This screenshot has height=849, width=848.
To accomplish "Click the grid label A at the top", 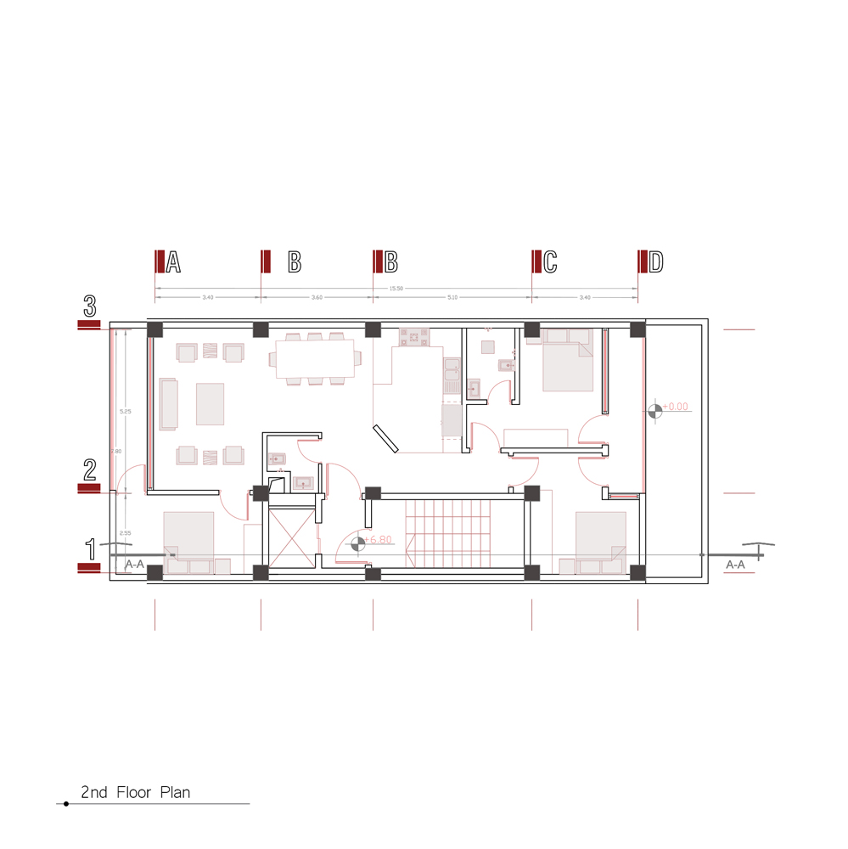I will pyautogui.click(x=173, y=262).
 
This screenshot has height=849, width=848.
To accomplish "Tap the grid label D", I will pyautogui.click(x=655, y=262).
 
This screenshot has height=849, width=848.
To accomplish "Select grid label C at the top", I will pyautogui.click(x=550, y=262).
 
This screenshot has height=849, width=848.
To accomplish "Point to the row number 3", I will pyautogui.click(x=90, y=305).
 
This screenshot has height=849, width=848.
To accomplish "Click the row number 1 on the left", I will pyautogui.click(x=90, y=548).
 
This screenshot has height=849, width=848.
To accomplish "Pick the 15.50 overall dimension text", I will pyautogui.click(x=396, y=289).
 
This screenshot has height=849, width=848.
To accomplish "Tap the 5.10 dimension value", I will pyautogui.click(x=452, y=298).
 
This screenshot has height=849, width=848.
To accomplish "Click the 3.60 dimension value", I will pyautogui.click(x=317, y=298).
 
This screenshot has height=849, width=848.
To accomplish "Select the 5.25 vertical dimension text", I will pyautogui.click(x=126, y=412).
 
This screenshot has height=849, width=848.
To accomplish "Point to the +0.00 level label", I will pyautogui.click(x=677, y=408).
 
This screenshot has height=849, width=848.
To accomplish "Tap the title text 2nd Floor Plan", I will pyautogui.click(x=136, y=793).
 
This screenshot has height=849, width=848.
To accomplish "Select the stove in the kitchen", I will pyautogui.click(x=417, y=338).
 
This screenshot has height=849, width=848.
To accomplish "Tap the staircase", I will pyautogui.click(x=448, y=532).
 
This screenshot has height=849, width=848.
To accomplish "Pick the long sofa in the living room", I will pyautogui.click(x=169, y=403).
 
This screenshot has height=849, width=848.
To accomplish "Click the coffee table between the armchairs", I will pyautogui.click(x=210, y=403).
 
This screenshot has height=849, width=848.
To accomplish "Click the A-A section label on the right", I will pyautogui.click(x=736, y=564).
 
